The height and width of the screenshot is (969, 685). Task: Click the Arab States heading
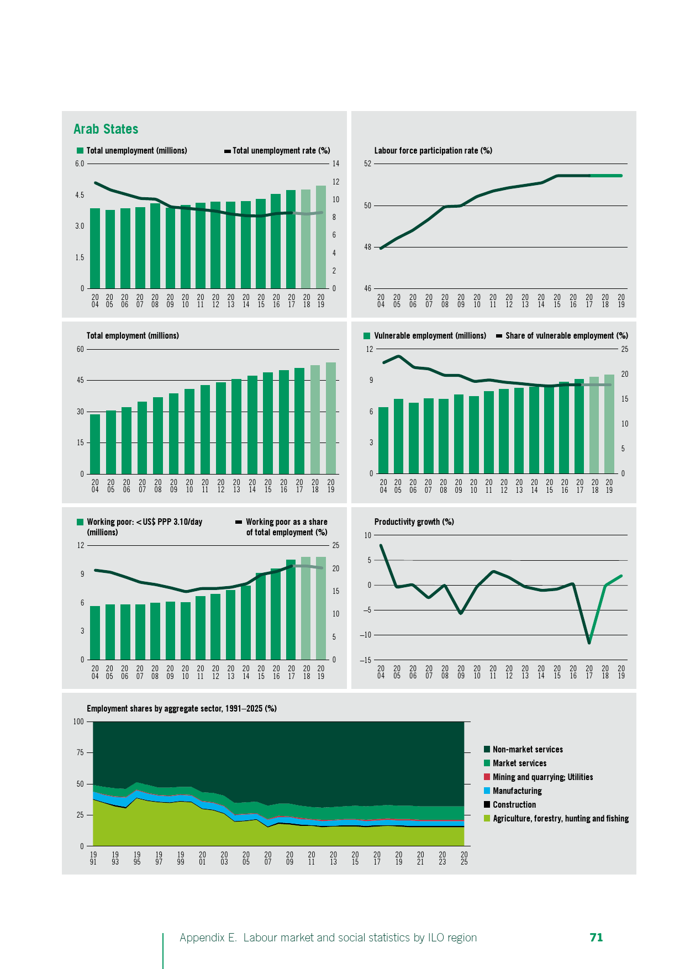pos(106,129)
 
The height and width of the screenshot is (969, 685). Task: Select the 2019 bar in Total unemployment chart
pos(321,238)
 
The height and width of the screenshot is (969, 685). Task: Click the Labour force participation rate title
pos(433,151)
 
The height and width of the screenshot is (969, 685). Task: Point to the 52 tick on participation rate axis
pos(368,164)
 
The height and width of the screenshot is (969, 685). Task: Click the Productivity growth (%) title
pos(414,522)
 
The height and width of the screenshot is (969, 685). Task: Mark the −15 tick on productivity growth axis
pos(365,660)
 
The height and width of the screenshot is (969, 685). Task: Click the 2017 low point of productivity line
pos(589,643)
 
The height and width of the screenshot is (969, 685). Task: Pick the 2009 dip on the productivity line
pos(461,613)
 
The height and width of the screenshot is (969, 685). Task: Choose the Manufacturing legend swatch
pos(487,791)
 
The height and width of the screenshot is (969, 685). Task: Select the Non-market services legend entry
pos(528,750)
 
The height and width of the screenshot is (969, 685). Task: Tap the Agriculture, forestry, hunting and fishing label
pos(560,819)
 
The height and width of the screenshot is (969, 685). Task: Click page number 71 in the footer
pos(596,938)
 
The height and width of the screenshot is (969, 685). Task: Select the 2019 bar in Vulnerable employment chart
pos(609,424)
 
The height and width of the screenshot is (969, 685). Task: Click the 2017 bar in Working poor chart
pos(291,609)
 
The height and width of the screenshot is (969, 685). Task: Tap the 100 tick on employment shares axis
pos(78,722)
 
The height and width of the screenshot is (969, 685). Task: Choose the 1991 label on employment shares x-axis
pos(93,858)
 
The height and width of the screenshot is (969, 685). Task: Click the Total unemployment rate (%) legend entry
pos(281,151)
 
